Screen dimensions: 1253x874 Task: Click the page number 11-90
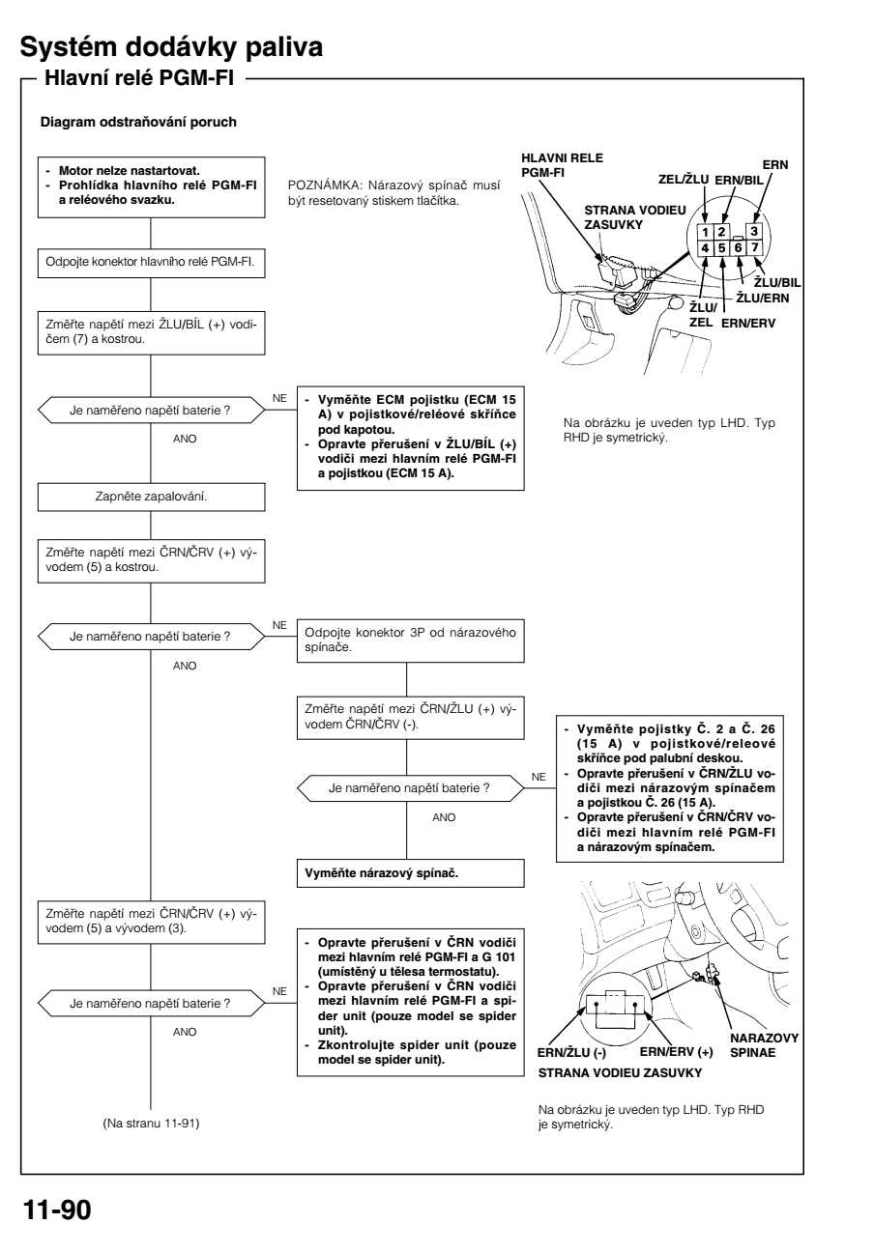pyautogui.click(x=56, y=1210)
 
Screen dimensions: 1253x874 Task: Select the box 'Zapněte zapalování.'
pyautogui.click(x=151, y=497)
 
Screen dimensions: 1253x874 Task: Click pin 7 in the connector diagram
pyautogui.click(x=756, y=248)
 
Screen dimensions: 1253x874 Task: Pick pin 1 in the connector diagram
pyautogui.click(x=706, y=232)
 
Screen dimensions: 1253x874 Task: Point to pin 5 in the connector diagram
pyautogui.click(x=722, y=248)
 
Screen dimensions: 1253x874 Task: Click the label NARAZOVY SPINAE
pyautogui.click(x=764, y=1044)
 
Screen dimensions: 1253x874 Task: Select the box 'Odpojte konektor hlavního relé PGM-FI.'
pyautogui.click(x=151, y=262)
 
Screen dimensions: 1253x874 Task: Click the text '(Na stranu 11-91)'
pyautogui.click(x=151, y=1123)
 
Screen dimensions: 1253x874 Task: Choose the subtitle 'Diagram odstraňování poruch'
pyautogui.click(x=138, y=123)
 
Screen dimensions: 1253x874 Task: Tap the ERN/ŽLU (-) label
pyautogui.click(x=571, y=1051)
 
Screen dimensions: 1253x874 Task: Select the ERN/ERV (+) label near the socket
pyautogui.click(x=677, y=1051)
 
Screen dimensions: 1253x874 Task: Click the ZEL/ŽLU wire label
pyautogui.click(x=683, y=179)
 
